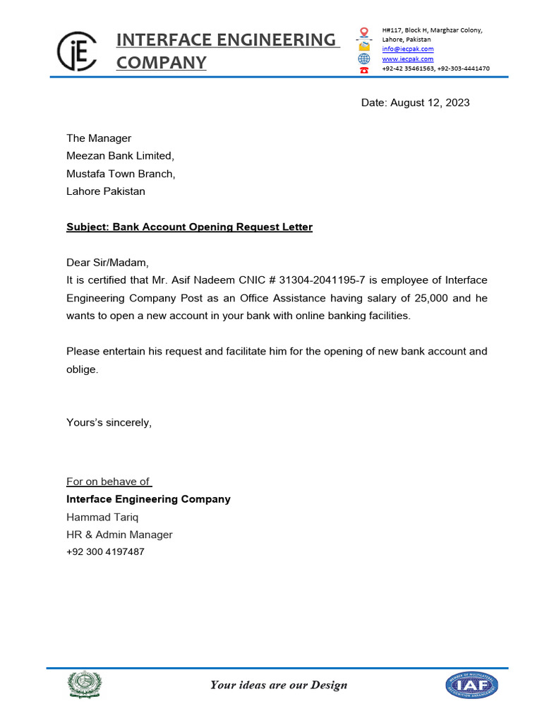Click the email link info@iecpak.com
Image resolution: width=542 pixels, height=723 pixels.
(x=408, y=49)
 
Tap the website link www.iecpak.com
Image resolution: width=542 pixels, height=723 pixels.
(x=408, y=59)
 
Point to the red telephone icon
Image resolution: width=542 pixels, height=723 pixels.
(x=364, y=70)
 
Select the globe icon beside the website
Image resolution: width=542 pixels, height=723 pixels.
(x=364, y=59)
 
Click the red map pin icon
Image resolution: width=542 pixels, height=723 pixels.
(x=364, y=32)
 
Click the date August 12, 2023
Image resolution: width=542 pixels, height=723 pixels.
(x=415, y=102)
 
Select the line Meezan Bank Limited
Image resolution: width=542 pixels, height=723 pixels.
(x=119, y=155)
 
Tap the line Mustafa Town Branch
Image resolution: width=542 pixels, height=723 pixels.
(x=121, y=173)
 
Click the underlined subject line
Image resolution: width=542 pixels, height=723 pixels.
(x=189, y=227)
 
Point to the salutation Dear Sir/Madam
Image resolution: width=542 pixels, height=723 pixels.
(x=107, y=263)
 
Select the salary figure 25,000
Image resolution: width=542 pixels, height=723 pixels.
(x=430, y=298)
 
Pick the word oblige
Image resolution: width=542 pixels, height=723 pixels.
(x=82, y=369)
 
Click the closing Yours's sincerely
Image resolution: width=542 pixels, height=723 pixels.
(x=109, y=422)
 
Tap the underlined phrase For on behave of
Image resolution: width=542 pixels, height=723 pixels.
(x=108, y=482)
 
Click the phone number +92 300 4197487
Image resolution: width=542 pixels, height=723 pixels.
(x=105, y=551)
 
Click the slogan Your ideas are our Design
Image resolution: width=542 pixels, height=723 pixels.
(x=279, y=684)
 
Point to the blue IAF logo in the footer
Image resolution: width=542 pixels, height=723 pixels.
(x=471, y=685)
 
